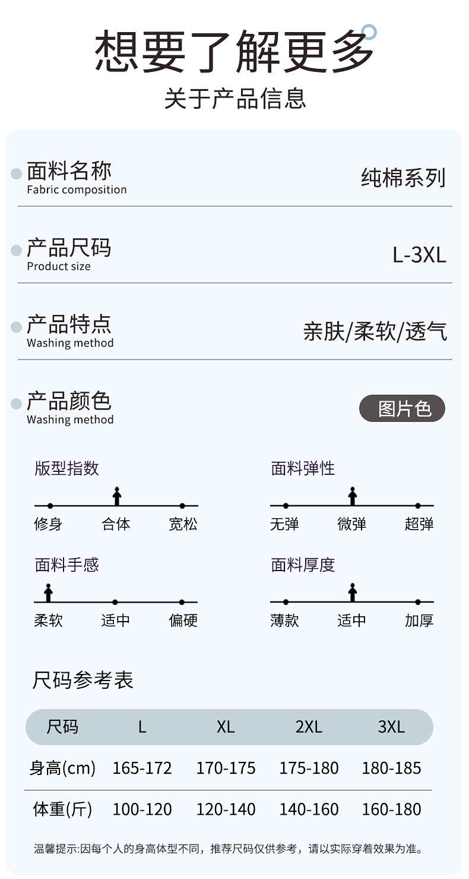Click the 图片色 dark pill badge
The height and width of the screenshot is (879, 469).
point(402,409)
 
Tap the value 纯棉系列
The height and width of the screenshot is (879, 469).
point(403,178)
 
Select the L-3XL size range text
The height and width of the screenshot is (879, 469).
point(419,255)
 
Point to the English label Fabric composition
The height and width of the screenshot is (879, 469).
point(77,190)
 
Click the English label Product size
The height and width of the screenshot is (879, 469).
point(59,267)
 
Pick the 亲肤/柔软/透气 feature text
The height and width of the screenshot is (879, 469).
point(375,332)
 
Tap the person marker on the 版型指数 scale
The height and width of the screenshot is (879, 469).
point(117,496)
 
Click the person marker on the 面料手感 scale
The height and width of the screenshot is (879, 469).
point(49,593)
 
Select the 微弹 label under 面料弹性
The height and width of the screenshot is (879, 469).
point(351,524)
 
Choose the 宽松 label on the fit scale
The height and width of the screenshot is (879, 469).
point(183,524)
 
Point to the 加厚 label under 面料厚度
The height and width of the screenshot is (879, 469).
point(419,621)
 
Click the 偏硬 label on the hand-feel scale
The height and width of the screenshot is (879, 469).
point(183,621)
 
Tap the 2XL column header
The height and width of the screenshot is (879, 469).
point(309,727)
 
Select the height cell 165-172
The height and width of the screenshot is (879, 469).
point(142,768)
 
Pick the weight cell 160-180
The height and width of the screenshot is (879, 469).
point(391,809)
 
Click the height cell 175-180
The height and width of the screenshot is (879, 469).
point(309,768)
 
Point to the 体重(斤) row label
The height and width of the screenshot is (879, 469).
point(62,809)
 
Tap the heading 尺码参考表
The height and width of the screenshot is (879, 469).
point(83,680)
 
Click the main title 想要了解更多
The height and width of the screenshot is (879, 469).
point(234,52)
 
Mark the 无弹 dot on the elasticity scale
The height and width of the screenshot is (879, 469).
point(286,506)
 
